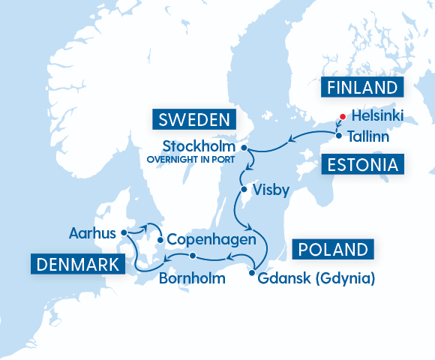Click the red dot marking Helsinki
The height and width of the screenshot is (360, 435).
[341, 116]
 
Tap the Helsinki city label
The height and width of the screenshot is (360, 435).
[377, 116]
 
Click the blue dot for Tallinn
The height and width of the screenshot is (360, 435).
[339, 136]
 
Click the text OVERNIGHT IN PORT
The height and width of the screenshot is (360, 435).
[193, 159]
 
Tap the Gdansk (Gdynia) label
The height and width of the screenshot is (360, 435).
[316, 279]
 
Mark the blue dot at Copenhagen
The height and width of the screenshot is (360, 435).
[160, 240]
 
